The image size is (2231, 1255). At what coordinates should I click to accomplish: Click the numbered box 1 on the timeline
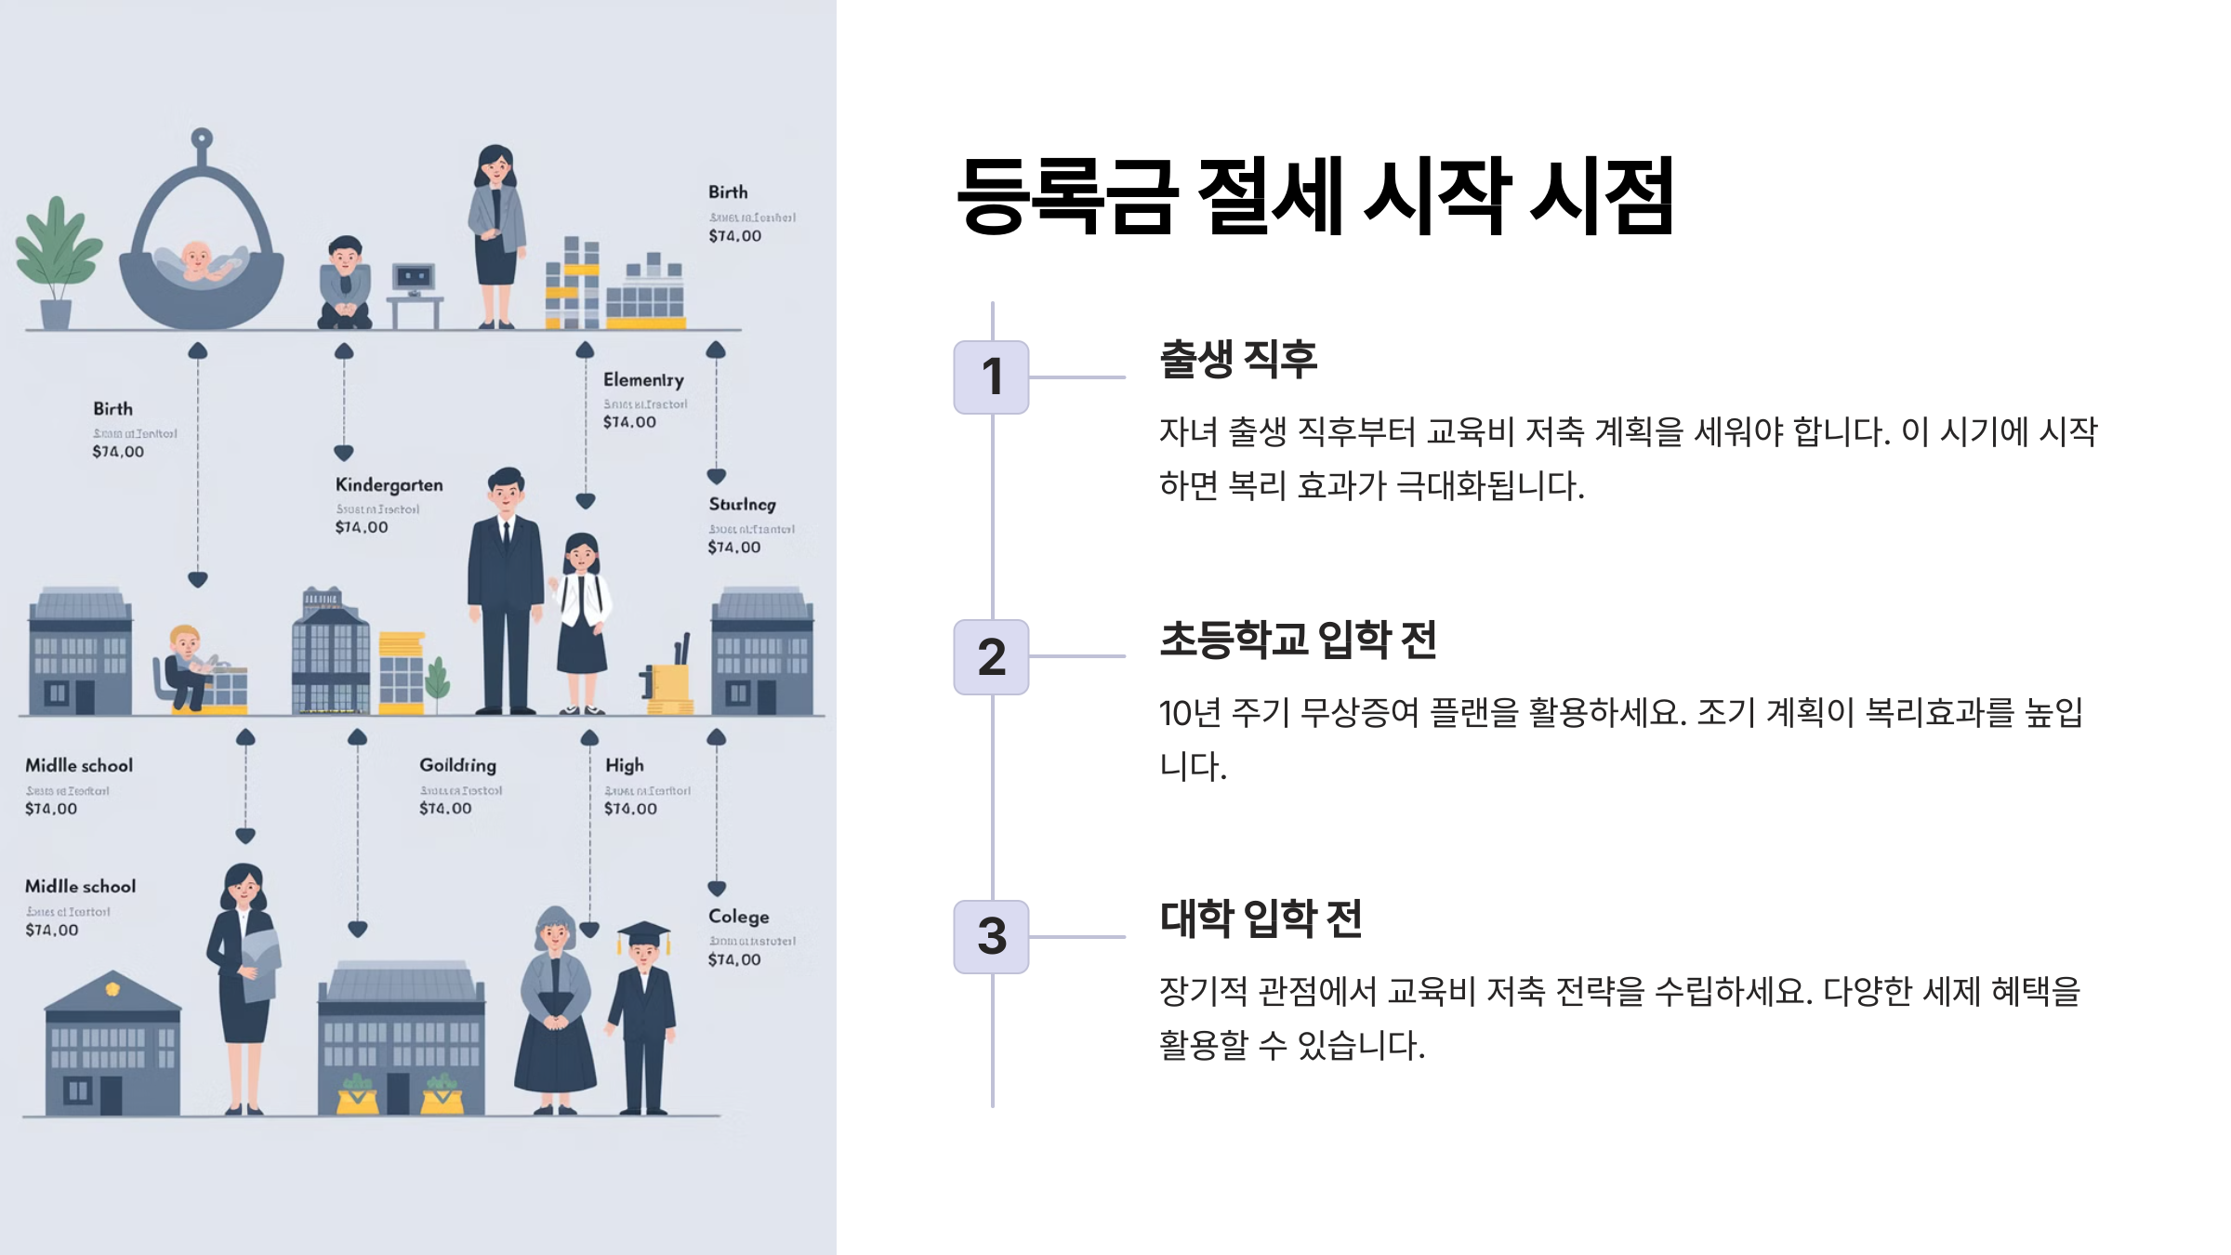(991, 377)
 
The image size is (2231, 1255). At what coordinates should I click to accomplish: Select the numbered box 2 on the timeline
(991, 657)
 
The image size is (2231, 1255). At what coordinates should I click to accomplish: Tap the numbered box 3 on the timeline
(991, 936)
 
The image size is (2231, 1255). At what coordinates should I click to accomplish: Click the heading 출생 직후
(1238, 359)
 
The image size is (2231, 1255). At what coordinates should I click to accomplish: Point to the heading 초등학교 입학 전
(1298, 640)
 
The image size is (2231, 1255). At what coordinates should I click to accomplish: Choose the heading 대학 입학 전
(1261, 918)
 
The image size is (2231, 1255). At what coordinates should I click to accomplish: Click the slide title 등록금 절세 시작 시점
(1314, 195)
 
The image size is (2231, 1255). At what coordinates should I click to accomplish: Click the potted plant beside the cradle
(57, 260)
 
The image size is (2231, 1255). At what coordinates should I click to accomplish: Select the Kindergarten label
(389, 485)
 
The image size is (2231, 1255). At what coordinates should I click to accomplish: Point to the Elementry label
(643, 380)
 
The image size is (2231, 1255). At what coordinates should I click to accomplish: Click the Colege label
(738, 917)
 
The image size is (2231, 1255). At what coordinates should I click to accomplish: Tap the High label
(624, 765)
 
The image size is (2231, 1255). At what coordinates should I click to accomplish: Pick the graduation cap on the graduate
(644, 932)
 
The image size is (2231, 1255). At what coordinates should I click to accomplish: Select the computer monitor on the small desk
(414, 277)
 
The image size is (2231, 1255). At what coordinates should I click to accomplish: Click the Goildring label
(457, 765)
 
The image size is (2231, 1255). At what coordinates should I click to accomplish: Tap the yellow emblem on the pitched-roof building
(112, 989)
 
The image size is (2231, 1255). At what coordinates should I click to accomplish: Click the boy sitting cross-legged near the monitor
(345, 283)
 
